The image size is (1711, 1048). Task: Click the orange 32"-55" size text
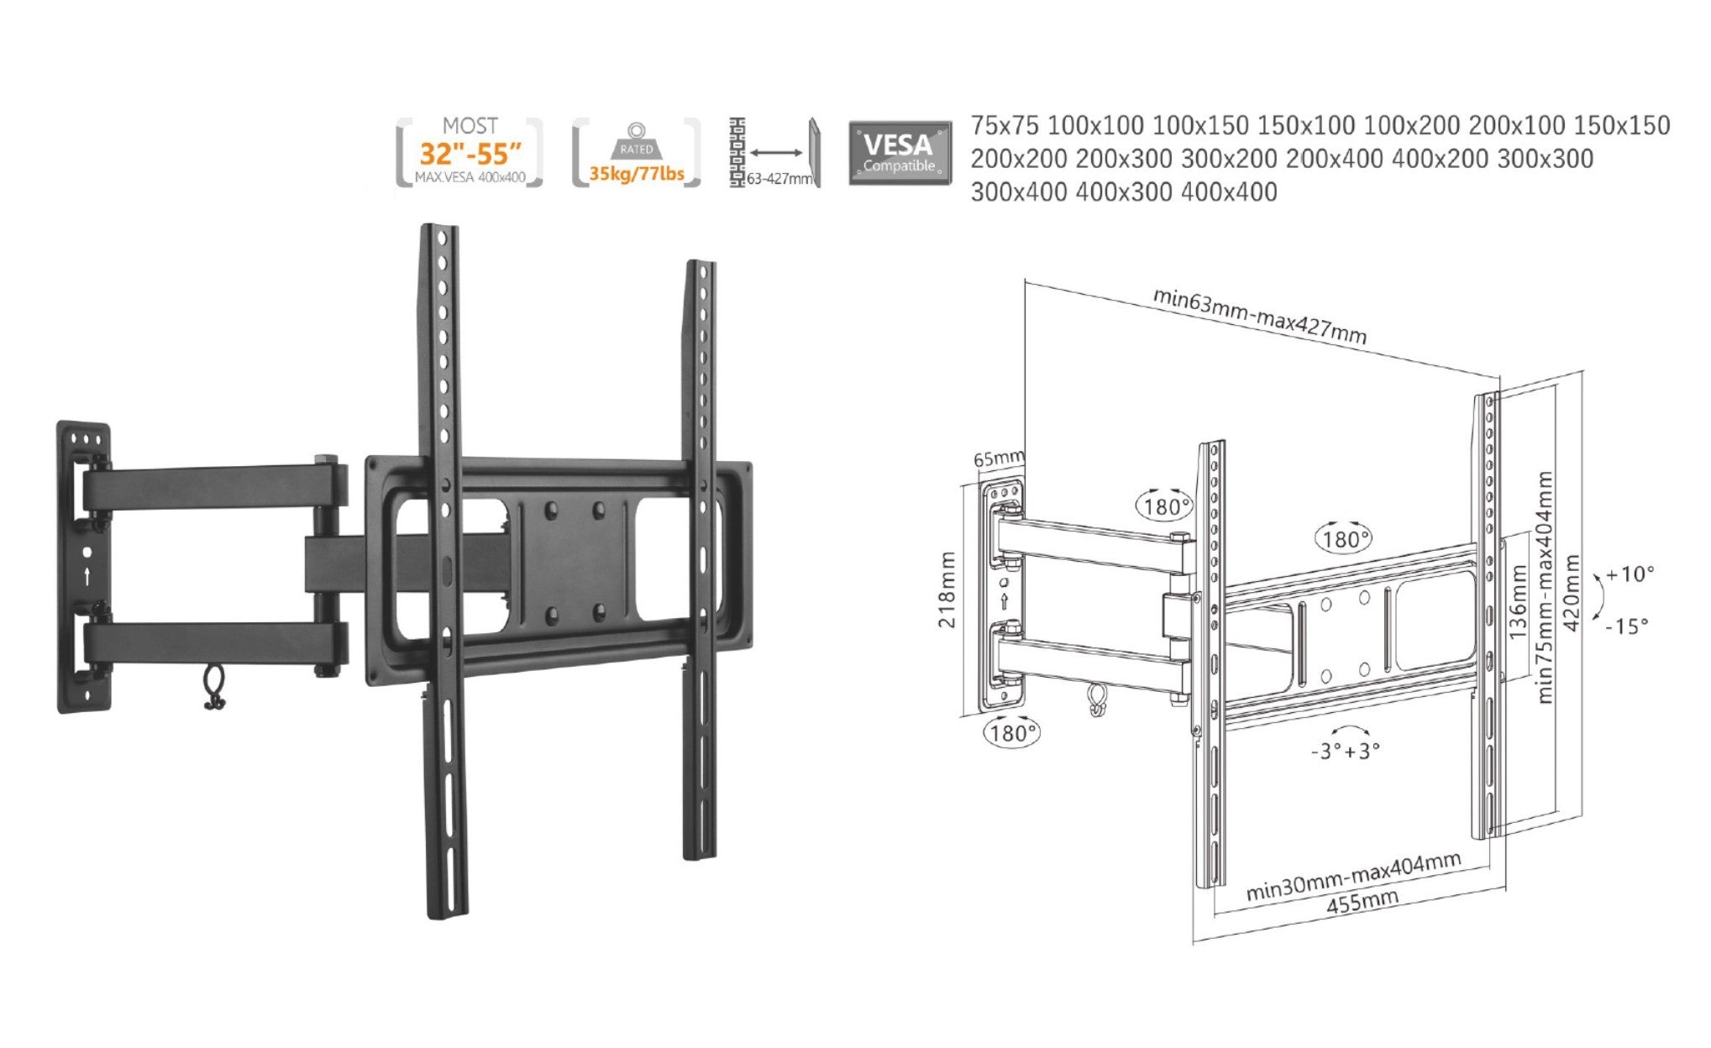(x=470, y=154)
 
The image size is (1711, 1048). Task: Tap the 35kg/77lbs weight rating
(x=636, y=174)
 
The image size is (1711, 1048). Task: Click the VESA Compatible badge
(x=900, y=153)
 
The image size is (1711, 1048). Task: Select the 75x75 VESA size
(x=1005, y=126)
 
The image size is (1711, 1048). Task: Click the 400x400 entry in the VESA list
(x=1229, y=192)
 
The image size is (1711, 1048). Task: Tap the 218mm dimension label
(x=947, y=589)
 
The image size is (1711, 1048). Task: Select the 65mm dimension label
(x=997, y=458)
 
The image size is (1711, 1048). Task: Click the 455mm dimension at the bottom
(x=1362, y=903)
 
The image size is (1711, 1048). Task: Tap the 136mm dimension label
(x=1517, y=602)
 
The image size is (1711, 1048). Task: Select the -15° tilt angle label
(x=1626, y=626)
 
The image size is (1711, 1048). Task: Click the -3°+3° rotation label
(x=1345, y=750)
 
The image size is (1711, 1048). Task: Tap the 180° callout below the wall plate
(x=1010, y=733)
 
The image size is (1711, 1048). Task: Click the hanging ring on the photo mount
(x=214, y=688)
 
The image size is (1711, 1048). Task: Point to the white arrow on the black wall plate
(x=87, y=576)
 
